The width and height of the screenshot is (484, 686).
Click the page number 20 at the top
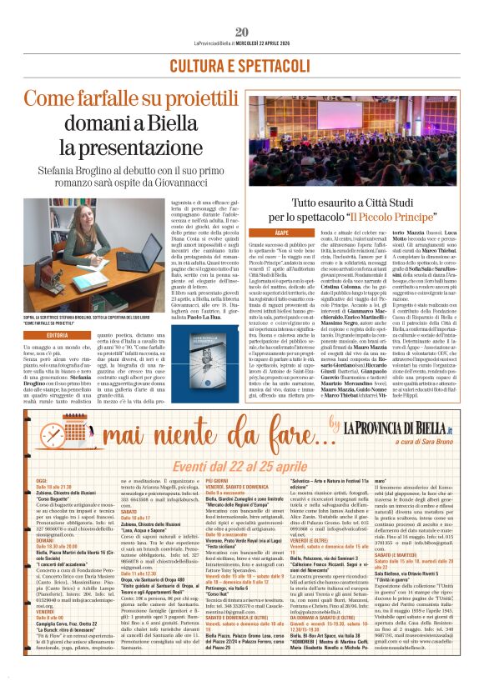click(242, 9)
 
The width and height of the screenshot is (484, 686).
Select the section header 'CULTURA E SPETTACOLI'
click(241, 65)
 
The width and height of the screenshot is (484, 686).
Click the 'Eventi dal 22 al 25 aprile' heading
click(240, 466)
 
